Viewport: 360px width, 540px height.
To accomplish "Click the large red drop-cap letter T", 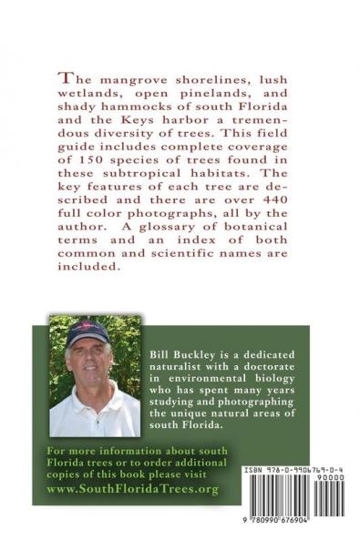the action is pos(66,76).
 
